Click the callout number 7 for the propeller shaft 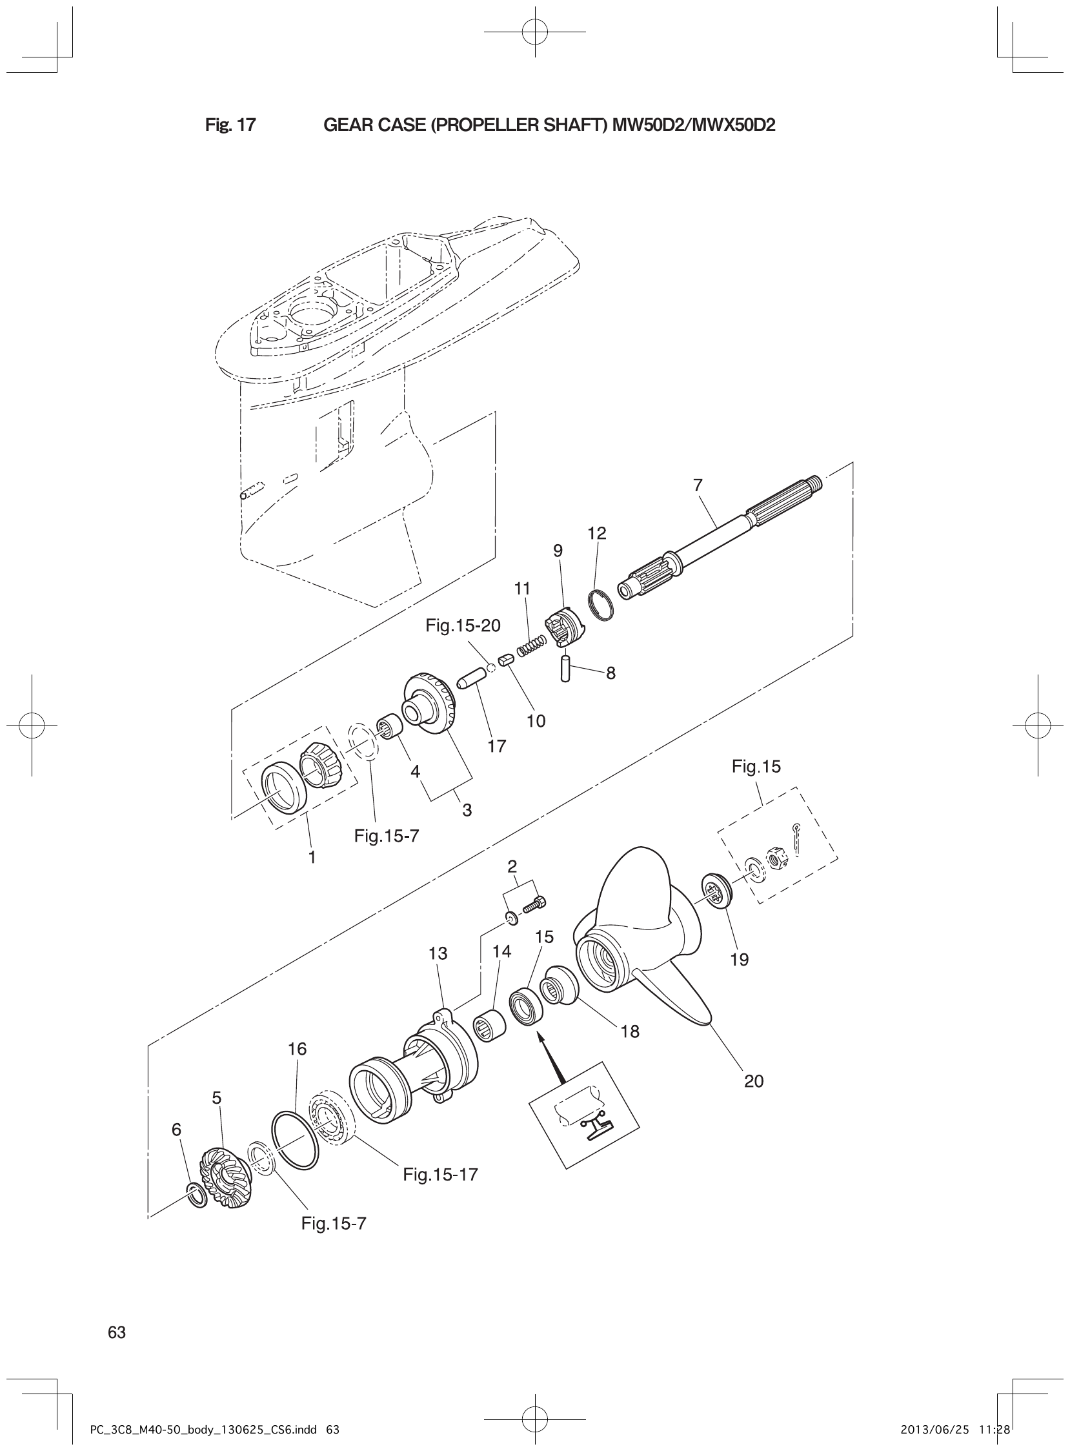698,485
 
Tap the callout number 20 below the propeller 754,1081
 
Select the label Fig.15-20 463,625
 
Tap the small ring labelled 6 196,1194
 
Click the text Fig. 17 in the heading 230,125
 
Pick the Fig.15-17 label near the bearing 439,1173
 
